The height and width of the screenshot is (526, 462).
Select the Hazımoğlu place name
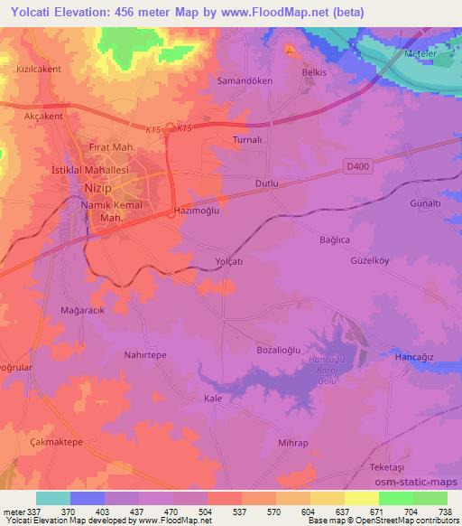point(196,211)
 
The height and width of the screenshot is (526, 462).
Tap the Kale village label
point(214,398)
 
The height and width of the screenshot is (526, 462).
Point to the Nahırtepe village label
point(145,356)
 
